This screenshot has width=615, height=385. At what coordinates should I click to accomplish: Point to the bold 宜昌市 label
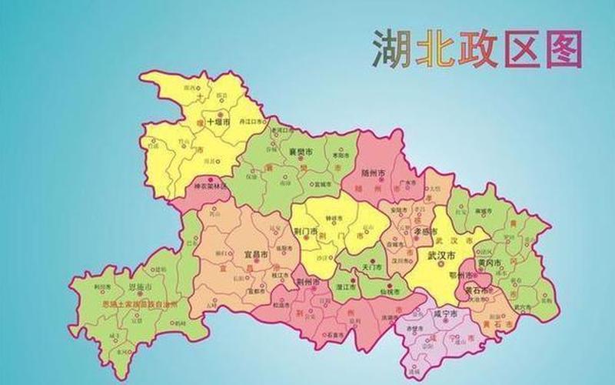click(x=256, y=254)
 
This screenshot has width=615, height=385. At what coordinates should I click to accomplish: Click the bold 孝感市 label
click(x=425, y=230)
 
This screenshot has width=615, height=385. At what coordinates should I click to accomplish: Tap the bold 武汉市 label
click(x=443, y=256)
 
